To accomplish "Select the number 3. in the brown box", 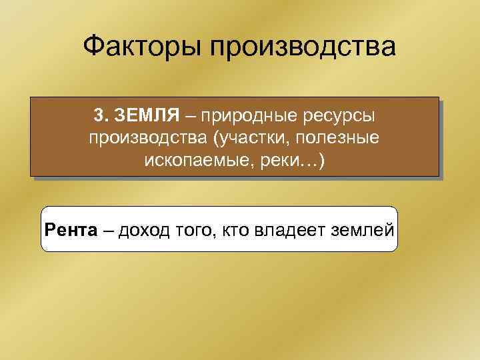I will [102, 116].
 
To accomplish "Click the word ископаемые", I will [194, 161].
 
